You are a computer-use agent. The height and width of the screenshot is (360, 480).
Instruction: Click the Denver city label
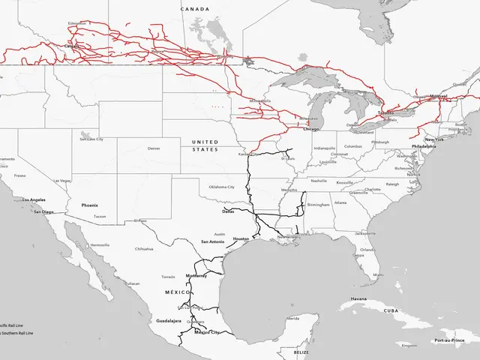[154, 148]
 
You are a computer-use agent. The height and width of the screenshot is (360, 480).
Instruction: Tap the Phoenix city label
[90, 205]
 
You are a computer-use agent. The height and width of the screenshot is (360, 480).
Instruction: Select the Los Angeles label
[34, 200]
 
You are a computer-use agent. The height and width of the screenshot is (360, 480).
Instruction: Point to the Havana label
[358, 298]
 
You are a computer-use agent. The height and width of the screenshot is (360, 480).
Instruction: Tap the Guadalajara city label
[169, 320]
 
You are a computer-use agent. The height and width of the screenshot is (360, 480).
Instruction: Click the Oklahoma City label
[222, 186]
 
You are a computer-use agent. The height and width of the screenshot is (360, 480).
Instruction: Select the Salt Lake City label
[91, 139]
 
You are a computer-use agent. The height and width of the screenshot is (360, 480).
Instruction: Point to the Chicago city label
[311, 129]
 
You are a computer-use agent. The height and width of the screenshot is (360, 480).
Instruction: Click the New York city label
[435, 139]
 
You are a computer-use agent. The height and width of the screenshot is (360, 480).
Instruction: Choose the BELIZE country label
[301, 351]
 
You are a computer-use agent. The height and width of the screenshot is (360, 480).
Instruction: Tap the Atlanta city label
[340, 202]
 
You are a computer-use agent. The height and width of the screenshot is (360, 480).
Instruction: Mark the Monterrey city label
[196, 276]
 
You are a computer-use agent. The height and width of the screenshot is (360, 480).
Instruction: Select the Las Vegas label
[63, 181]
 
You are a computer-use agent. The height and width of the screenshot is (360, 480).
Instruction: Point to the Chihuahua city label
[144, 248]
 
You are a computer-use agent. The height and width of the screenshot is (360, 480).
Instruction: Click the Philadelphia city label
[423, 146]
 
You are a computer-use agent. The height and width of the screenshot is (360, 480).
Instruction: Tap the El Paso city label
[140, 221]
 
